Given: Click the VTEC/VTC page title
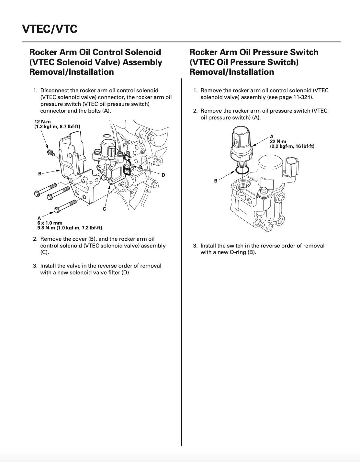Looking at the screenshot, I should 50,29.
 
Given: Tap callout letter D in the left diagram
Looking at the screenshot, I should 163,175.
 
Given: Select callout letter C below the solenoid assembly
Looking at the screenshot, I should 104,209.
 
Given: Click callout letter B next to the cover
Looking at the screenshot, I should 40,174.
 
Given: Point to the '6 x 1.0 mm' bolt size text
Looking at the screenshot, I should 50,223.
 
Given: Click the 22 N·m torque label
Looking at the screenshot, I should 278,141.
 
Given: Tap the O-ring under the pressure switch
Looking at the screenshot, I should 242,170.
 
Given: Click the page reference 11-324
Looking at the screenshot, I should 302,97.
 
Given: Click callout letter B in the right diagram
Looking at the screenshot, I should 216,181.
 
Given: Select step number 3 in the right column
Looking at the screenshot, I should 195,246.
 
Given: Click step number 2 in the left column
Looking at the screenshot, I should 35,239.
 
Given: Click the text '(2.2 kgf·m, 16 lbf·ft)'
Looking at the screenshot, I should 292,146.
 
